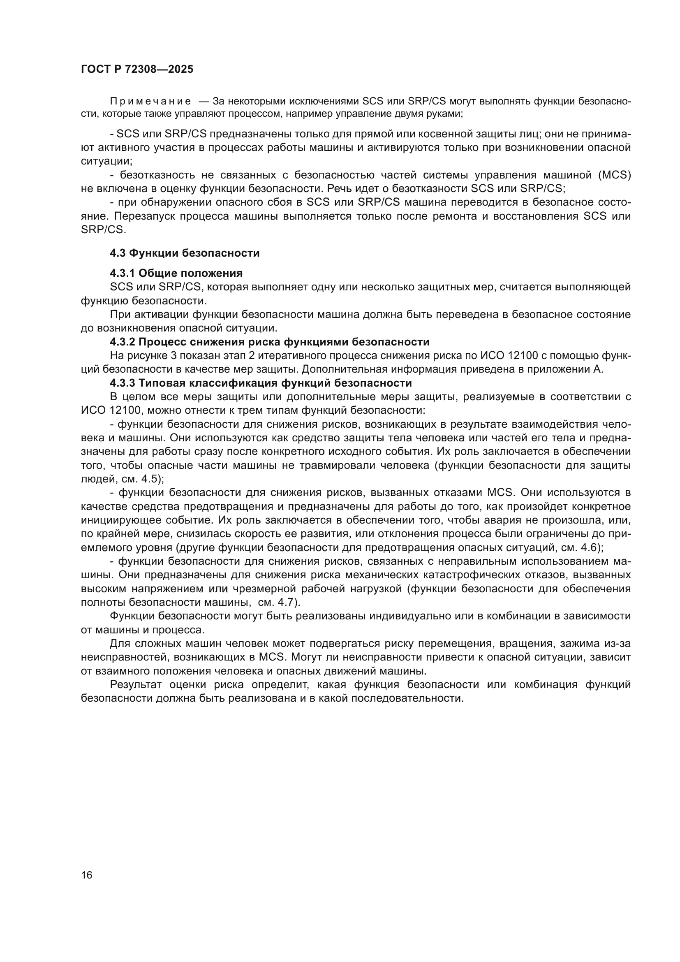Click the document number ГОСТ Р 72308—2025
(x=137, y=70)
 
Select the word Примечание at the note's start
(x=150, y=102)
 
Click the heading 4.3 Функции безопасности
(x=185, y=253)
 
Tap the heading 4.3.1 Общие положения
(x=176, y=273)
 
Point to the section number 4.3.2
(x=122, y=342)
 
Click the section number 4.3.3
(x=122, y=383)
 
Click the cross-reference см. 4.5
(x=142, y=479)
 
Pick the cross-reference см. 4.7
(x=278, y=603)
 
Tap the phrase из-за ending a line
(x=620, y=644)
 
